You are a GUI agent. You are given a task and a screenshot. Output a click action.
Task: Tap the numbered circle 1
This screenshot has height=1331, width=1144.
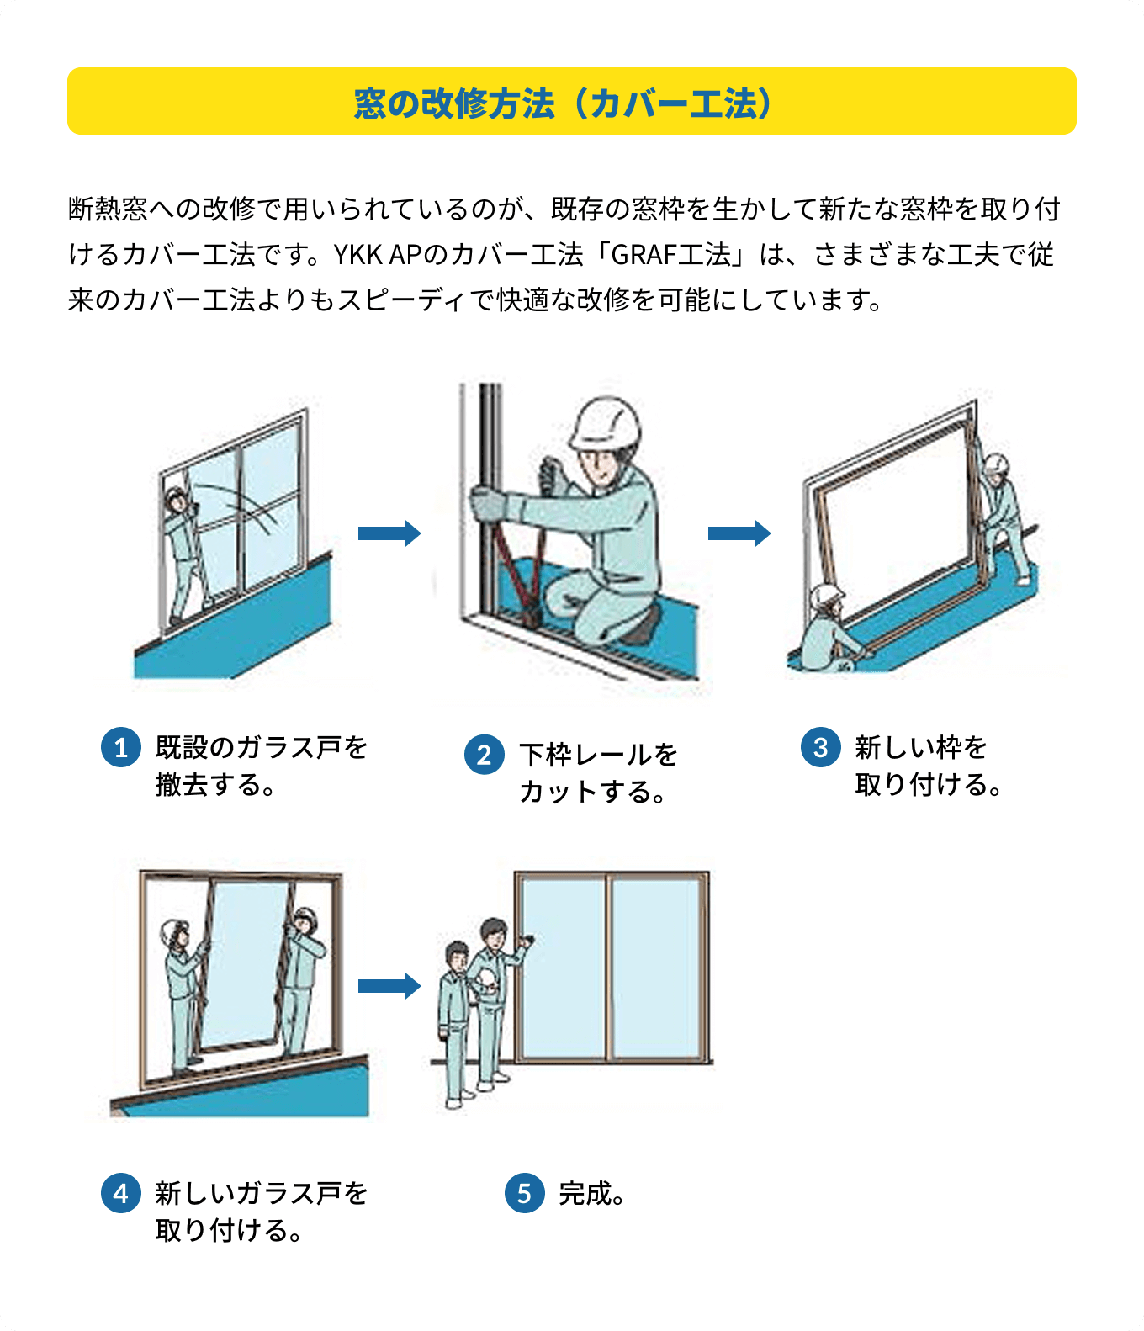(x=120, y=747)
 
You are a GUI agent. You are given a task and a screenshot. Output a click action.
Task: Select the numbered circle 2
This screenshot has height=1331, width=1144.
(x=484, y=755)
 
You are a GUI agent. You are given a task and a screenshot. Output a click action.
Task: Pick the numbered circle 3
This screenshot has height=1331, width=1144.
(x=820, y=747)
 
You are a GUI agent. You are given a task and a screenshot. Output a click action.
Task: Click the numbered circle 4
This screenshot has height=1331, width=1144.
(x=120, y=1193)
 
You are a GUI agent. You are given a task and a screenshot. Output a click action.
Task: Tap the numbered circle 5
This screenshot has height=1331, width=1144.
(x=524, y=1193)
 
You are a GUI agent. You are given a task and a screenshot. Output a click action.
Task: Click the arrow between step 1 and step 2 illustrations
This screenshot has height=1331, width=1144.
(x=389, y=533)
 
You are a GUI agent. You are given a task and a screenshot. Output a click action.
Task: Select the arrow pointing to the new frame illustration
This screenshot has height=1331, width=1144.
(x=739, y=533)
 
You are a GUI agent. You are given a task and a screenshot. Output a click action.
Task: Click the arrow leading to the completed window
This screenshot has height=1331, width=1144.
(x=389, y=985)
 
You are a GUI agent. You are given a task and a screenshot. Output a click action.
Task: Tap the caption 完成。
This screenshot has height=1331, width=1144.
(x=592, y=1193)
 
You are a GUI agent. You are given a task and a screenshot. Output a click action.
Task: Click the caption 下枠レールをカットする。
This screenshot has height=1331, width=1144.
(x=597, y=772)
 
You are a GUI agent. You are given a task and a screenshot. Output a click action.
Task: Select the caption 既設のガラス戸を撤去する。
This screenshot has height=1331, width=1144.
(x=261, y=765)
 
